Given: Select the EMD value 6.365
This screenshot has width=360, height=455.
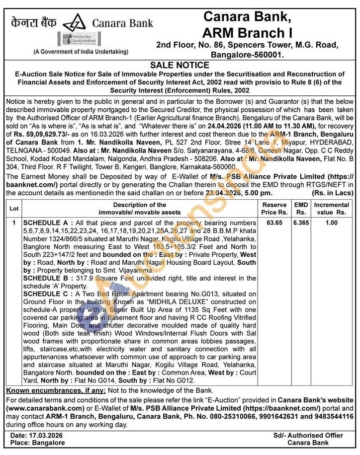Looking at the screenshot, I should coord(301,223).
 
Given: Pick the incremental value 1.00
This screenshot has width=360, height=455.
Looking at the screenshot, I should coord(331,223).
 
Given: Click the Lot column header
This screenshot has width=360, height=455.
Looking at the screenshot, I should coord(14,209).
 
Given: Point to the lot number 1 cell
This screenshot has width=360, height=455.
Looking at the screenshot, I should coord(14,223).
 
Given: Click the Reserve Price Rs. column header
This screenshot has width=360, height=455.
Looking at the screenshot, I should coord(274,209).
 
